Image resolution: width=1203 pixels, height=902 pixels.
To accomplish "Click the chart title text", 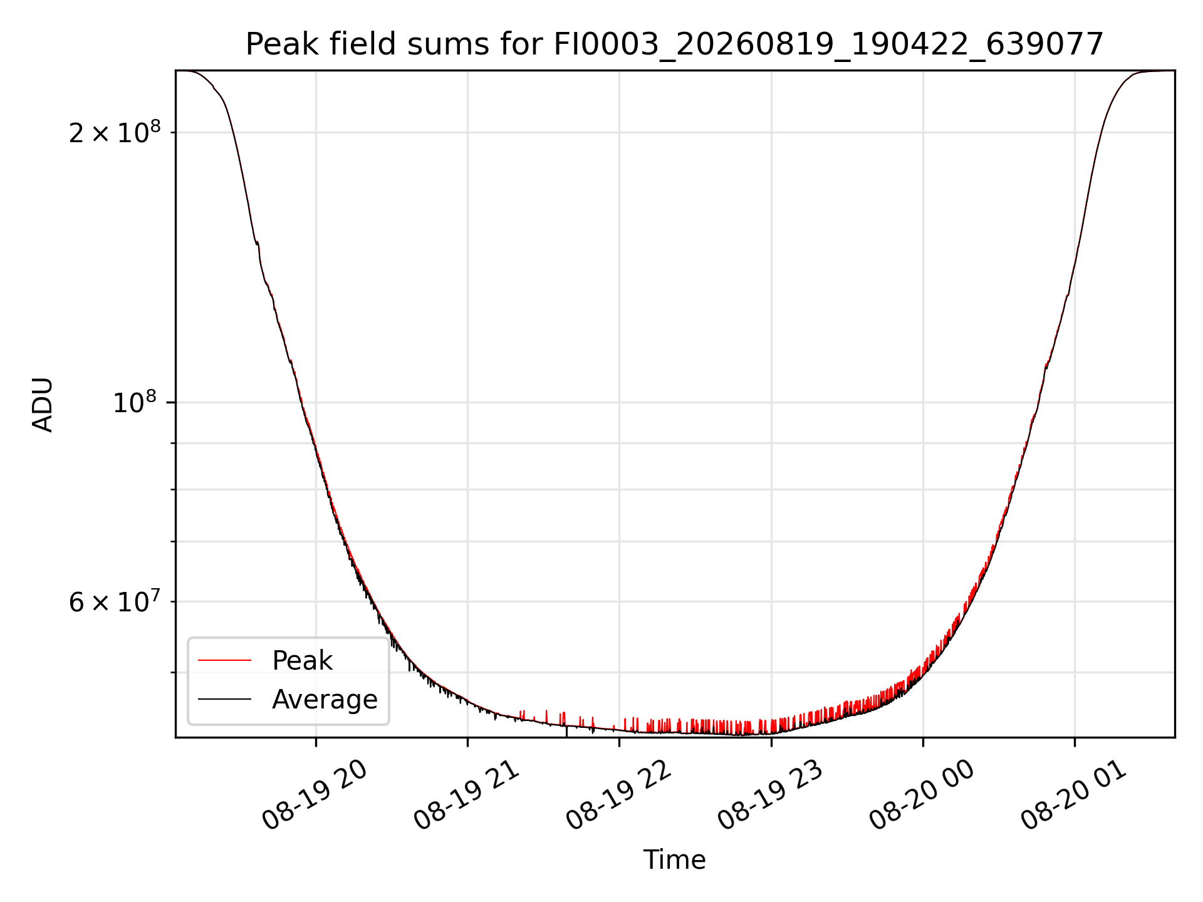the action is [674, 44].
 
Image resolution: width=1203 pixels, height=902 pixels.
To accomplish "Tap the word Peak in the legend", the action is [302, 661].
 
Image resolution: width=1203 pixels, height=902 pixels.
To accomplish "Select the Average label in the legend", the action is [325, 700].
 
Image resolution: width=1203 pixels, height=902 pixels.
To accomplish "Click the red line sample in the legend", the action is [224, 660].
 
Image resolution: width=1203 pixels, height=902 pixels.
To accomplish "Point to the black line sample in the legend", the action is [224, 699].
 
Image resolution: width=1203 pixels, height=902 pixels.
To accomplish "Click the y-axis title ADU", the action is [43, 404].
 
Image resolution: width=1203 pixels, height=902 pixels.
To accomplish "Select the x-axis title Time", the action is [674, 860].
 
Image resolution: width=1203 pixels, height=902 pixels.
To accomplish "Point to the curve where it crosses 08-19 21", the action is [467, 702].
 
